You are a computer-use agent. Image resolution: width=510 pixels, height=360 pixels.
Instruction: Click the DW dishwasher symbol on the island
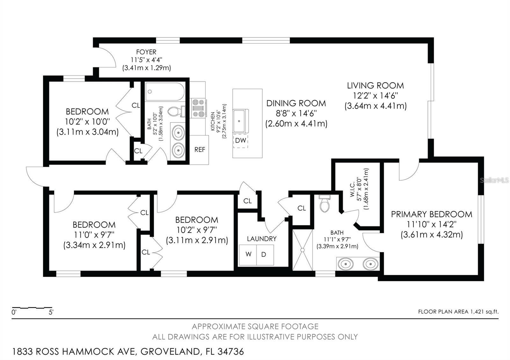[240, 140]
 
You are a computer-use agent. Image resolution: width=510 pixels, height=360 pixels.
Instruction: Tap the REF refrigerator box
[200, 150]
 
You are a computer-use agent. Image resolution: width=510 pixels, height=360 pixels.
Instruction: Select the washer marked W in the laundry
[248, 254]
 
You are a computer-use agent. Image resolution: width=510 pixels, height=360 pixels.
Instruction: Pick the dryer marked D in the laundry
[264, 254]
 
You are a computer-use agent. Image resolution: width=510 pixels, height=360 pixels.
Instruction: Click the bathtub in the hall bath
[165, 92]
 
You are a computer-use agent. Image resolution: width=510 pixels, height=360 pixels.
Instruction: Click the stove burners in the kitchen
[198, 108]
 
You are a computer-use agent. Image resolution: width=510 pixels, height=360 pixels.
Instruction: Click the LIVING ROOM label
[375, 86]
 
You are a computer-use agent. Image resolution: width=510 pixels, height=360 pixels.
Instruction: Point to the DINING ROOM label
[296, 103]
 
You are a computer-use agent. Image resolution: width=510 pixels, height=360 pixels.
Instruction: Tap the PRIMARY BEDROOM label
[432, 214]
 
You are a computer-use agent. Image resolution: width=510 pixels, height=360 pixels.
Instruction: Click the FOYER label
[146, 52]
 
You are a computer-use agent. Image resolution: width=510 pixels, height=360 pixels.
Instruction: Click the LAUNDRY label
[262, 239]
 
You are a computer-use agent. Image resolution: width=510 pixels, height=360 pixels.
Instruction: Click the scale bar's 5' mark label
[51, 312]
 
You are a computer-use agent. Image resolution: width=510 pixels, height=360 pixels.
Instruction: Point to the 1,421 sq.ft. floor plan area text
[484, 312]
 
